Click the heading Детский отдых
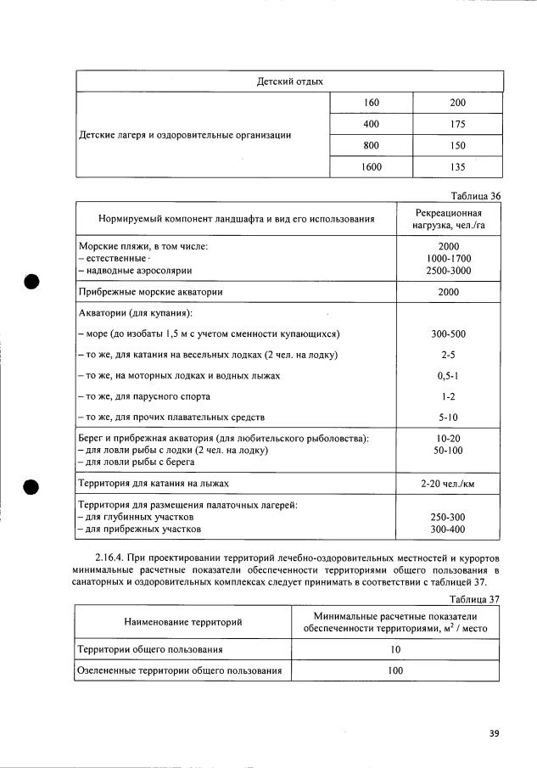tap(289, 81)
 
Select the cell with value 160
tap(371, 103)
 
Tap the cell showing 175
tap(458, 124)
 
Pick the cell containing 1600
tap(371, 167)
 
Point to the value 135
tap(458, 167)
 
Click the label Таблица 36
tap(476, 195)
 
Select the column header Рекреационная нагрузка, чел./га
tap(449, 219)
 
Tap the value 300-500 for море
tap(449, 334)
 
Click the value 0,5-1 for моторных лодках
tap(449, 375)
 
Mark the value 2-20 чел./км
tap(449, 484)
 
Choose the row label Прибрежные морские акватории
tap(150, 291)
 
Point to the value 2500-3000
tap(449, 271)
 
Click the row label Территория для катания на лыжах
tap(154, 484)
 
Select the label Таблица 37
tap(476, 597)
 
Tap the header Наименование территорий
tap(183, 622)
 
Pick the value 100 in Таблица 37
tap(395, 670)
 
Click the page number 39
tap(495, 734)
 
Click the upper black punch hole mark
tap(32, 283)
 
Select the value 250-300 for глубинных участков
tap(449, 517)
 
